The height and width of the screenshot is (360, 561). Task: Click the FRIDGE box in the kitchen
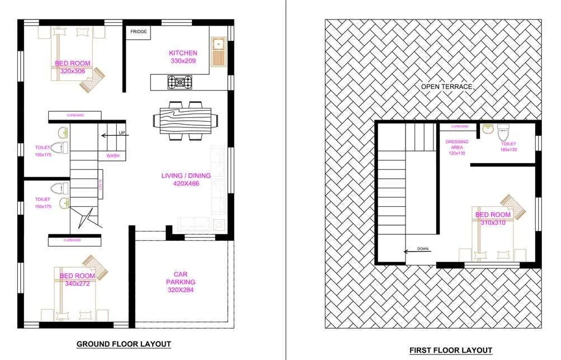pyautogui.click(x=139, y=32)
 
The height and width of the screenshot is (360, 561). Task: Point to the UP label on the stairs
pyautogui.click(x=122, y=133)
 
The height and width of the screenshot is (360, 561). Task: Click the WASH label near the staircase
pyautogui.click(x=112, y=155)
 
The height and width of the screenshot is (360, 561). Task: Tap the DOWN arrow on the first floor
pyautogui.click(x=422, y=250)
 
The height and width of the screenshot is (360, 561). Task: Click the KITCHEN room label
pyautogui.click(x=183, y=53)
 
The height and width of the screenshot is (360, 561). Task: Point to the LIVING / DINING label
pyautogui.click(x=186, y=176)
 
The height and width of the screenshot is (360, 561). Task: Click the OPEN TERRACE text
pyautogui.click(x=447, y=87)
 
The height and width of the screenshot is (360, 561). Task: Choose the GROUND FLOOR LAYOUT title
pyautogui.click(x=124, y=343)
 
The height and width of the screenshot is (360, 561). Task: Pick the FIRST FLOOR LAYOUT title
pyautogui.click(x=450, y=350)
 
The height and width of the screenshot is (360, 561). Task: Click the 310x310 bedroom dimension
pyautogui.click(x=493, y=222)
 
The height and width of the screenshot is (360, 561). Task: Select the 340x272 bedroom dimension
pyautogui.click(x=77, y=283)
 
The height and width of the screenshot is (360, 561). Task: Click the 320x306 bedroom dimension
pyautogui.click(x=72, y=71)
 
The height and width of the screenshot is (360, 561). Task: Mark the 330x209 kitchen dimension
pyautogui.click(x=183, y=60)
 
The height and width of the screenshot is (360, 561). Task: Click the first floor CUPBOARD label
pyautogui.click(x=458, y=126)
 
